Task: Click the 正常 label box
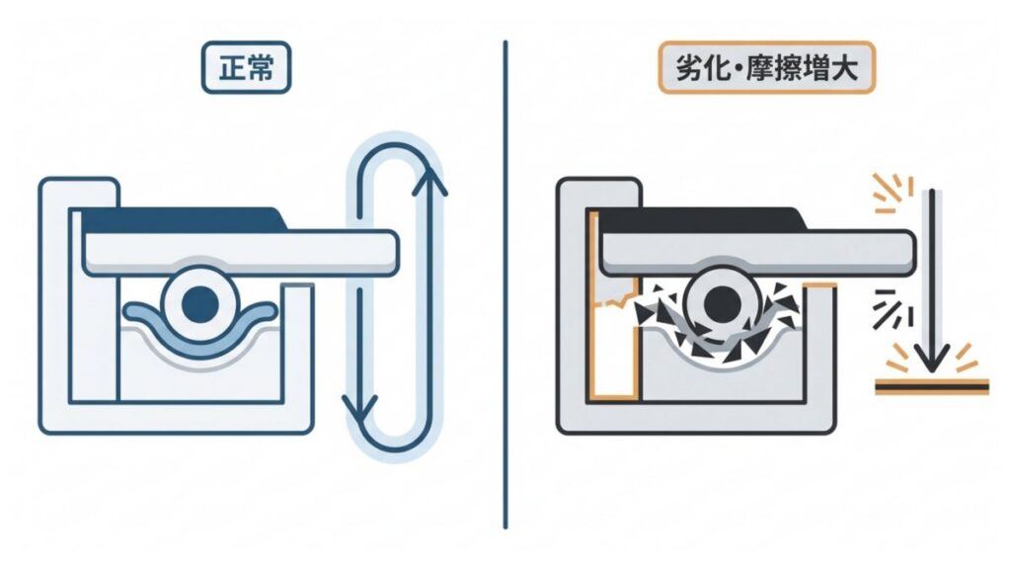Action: pyautogui.click(x=245, y=71)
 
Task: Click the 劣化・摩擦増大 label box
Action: pyautogui.click(x=765, y=71)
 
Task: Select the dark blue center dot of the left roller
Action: pyautogui.click(x=200, y=301)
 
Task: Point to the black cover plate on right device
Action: pyautogui.click(x=701, y=219)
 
